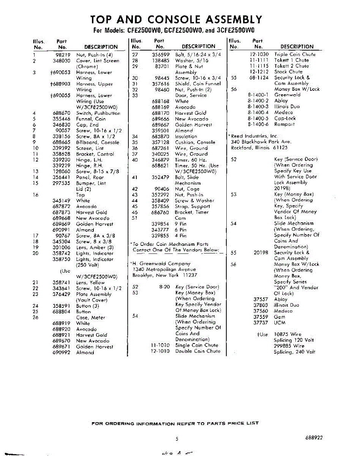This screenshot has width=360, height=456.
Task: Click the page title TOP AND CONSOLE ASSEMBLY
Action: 176,19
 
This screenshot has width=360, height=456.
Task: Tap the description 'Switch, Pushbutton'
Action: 98,113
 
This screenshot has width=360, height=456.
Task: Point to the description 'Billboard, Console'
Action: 98,142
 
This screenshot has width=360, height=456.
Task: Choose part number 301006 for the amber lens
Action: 62,247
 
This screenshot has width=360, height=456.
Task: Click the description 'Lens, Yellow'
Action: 90,283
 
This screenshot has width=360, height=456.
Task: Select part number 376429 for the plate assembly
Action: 62,294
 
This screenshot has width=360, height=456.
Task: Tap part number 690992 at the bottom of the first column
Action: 62,353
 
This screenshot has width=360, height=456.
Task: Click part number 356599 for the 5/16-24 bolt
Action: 161,55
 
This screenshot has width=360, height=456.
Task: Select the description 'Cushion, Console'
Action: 195,142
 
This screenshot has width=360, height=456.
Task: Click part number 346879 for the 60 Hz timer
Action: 161,160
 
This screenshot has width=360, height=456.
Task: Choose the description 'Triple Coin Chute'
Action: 295,55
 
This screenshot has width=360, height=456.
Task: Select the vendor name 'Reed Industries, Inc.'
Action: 254,136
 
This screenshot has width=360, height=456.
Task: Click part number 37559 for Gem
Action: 261,317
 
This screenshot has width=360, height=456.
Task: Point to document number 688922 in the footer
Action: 314,437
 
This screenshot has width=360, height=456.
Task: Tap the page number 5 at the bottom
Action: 177,439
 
